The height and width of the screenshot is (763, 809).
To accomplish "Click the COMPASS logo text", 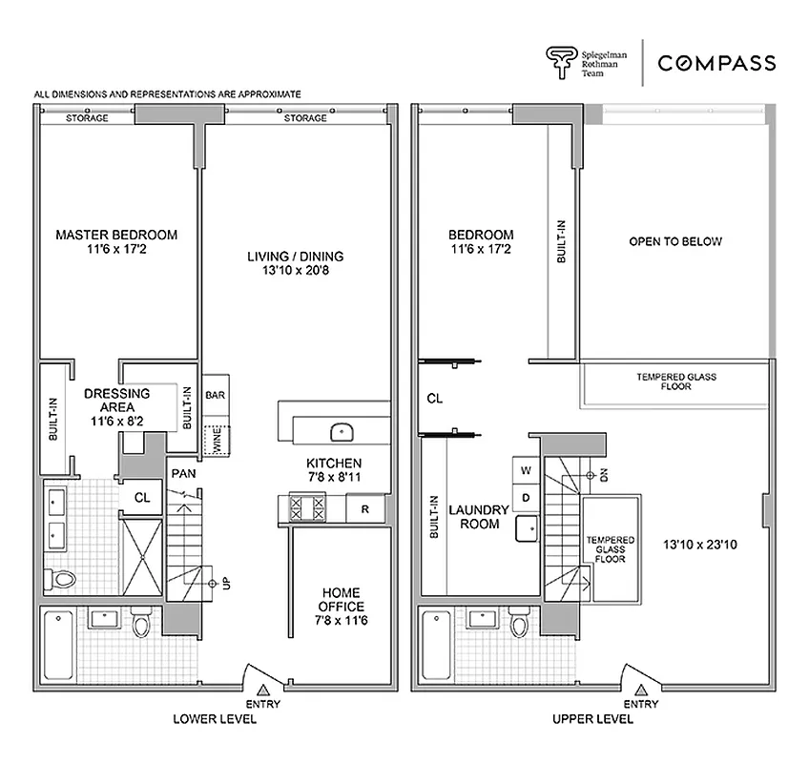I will (716, 64).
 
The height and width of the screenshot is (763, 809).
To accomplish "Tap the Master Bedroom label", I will (116, 242).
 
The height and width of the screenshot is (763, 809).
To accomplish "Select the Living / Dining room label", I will (295, 264).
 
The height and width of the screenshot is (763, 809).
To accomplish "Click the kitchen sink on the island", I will (342, 432).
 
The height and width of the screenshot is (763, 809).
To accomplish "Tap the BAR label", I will (215, 393).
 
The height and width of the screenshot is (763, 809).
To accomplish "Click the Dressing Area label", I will (116, 401).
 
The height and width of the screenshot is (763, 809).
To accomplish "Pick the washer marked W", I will (525, 470).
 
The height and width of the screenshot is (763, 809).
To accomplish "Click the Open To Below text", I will (674, 241).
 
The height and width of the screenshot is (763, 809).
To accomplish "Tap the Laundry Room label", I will (481, 516).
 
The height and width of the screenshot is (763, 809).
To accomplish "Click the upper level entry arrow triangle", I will (641, 689).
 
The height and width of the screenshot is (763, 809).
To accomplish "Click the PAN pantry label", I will (184, 472).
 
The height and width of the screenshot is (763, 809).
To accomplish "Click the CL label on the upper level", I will (434, 398).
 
